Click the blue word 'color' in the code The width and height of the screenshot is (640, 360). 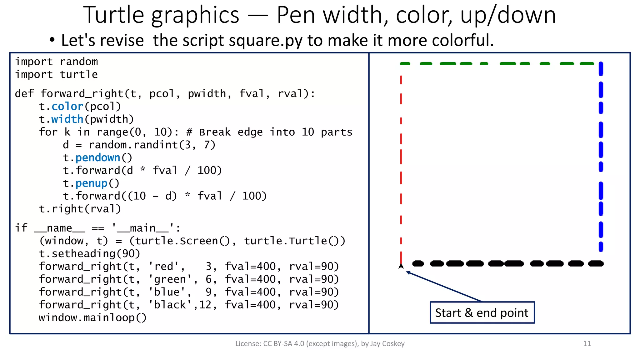(x=67, y=107)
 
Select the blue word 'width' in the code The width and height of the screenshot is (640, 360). (x=67, y=119)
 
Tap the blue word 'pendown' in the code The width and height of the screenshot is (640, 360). (x=98, y=158)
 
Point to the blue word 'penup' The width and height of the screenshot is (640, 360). (x=91, y=183)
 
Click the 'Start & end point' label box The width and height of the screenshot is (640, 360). (x=482, y=312)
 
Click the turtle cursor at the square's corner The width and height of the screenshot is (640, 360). (x=401, y=266)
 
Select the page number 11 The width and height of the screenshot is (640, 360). (x=587, y=344)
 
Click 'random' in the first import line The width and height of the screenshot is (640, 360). (x=79, y=62)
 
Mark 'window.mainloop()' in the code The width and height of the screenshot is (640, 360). (x=92, y=318)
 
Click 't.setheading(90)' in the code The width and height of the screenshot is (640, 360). (x=89, y=254)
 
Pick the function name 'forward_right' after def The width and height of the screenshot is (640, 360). (x=82, y=94)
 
